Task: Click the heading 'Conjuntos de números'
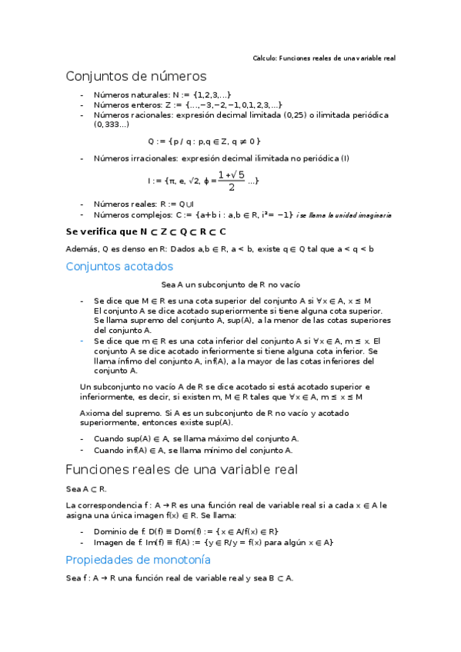[x=136, y=76]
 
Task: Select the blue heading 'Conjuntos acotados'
[x=119, y=266]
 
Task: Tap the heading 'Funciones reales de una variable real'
[x=182, y=469]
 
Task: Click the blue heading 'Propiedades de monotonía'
[x=139, y=560]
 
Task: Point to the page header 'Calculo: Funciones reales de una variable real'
[x=324, y=58]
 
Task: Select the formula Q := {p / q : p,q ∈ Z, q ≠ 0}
[x=204, y=141]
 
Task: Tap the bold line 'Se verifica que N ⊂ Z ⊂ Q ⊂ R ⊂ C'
[x=146, y=231]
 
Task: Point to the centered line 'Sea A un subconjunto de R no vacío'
[x=230, y=284]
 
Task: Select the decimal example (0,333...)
[x=112, y=124]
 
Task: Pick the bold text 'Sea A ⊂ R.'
[x=86, y=489]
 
